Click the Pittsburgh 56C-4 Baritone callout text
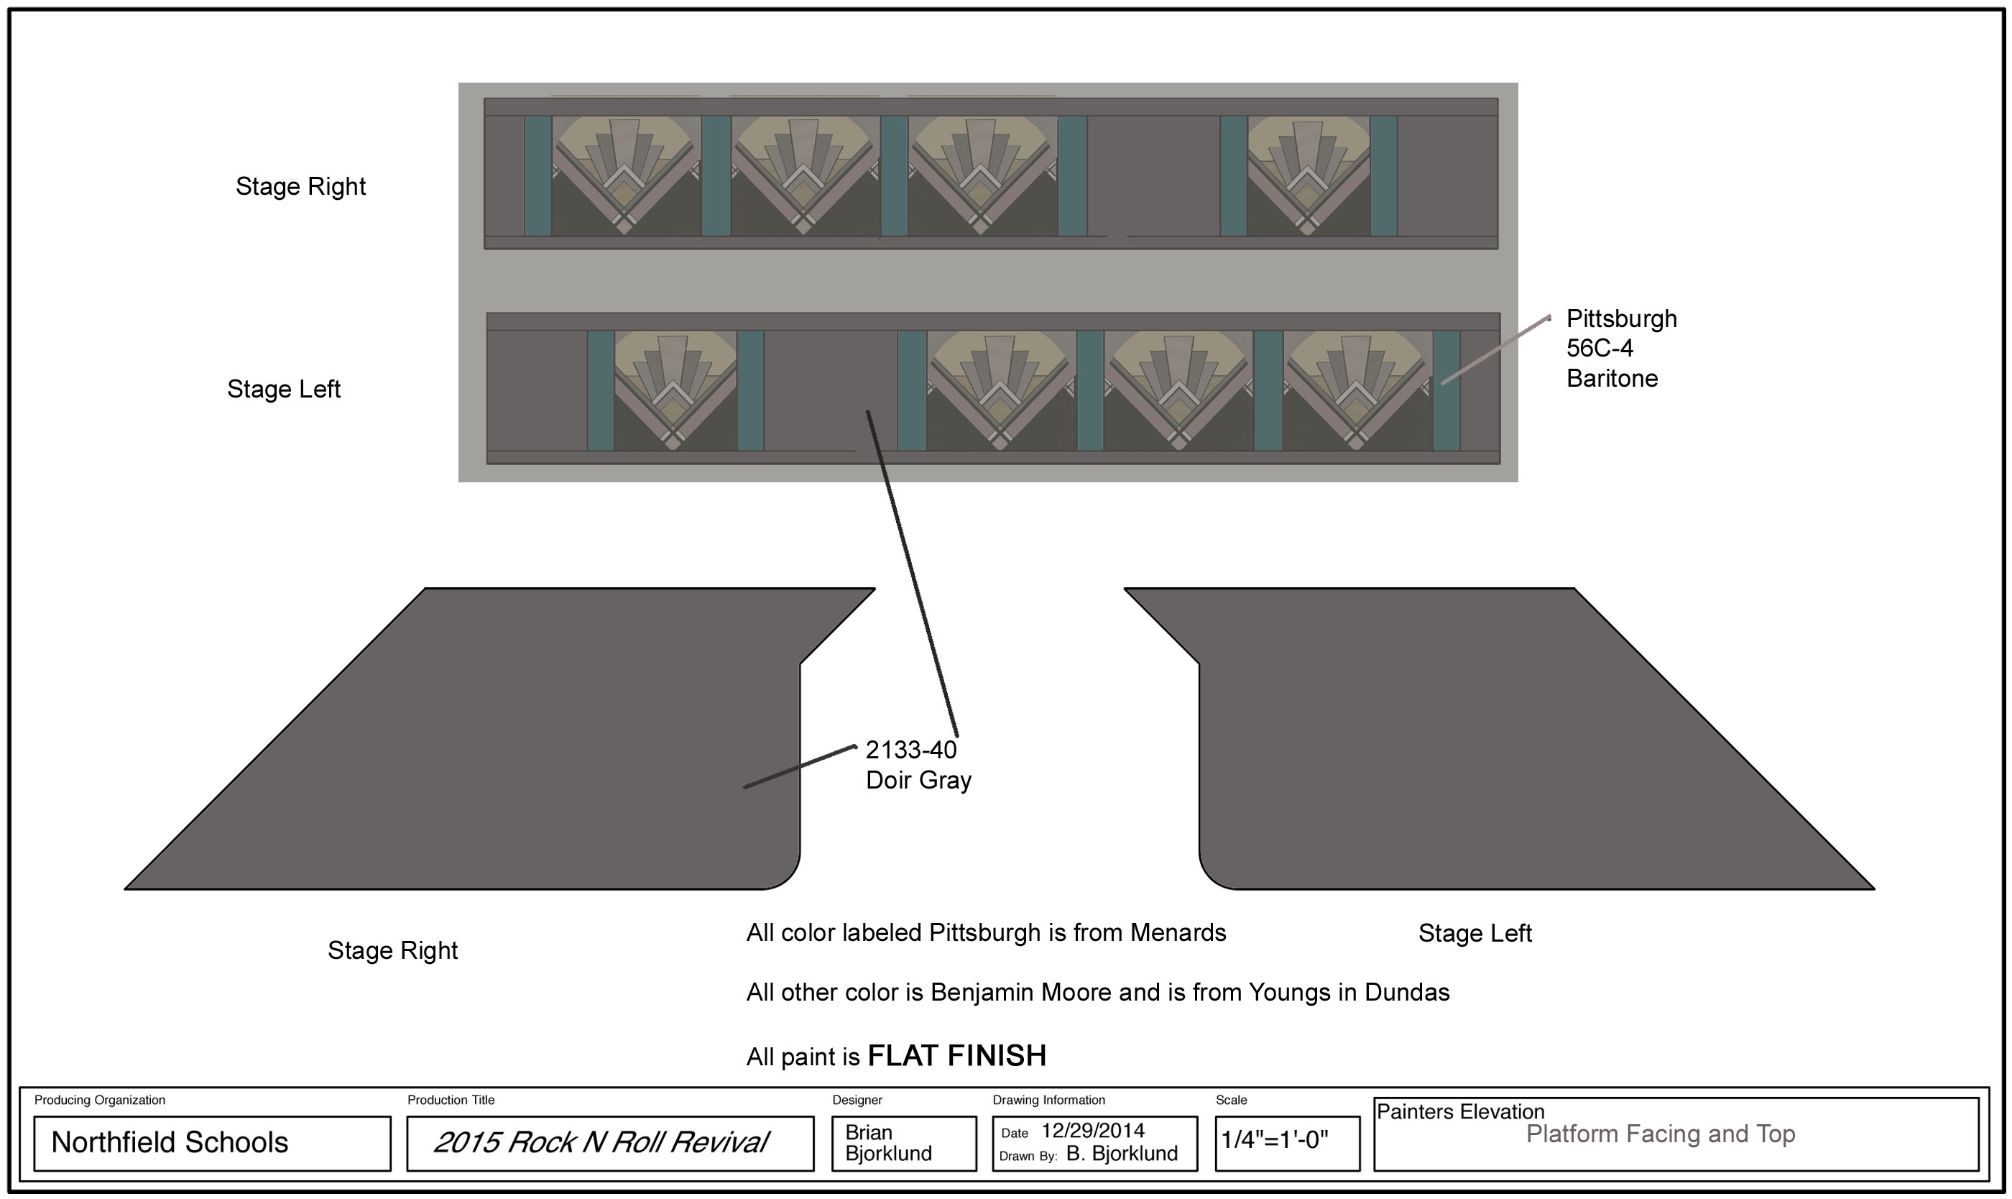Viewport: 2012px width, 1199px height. coord(1620,348)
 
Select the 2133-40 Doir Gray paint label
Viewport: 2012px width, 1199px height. coord(918,765)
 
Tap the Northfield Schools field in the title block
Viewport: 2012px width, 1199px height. coord(170,1142)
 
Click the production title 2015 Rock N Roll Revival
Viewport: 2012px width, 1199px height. coord(601,1142)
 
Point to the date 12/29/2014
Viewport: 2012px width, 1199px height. coord(1092,1130)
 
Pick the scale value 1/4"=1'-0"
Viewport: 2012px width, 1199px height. coord(1274,1140)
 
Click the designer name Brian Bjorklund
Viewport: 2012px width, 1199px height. coord(887,1142)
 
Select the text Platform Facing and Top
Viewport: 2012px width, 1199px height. coord(1660,1134)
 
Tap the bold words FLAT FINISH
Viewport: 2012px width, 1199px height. coord(956,1056)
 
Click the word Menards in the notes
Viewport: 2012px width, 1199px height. coord(1178,933)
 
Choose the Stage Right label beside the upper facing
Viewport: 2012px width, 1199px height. coord(300,187)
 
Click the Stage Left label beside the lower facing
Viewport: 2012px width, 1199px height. coord(284,390)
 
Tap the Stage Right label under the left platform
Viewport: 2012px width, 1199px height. coord(392,951)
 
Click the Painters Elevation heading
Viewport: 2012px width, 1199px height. coord(1459,1112)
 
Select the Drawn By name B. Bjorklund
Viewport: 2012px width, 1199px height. coord(1121,1154)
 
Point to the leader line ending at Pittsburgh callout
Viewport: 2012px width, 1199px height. coord(1494,350)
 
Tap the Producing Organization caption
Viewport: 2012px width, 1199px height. coord(99,1101)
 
